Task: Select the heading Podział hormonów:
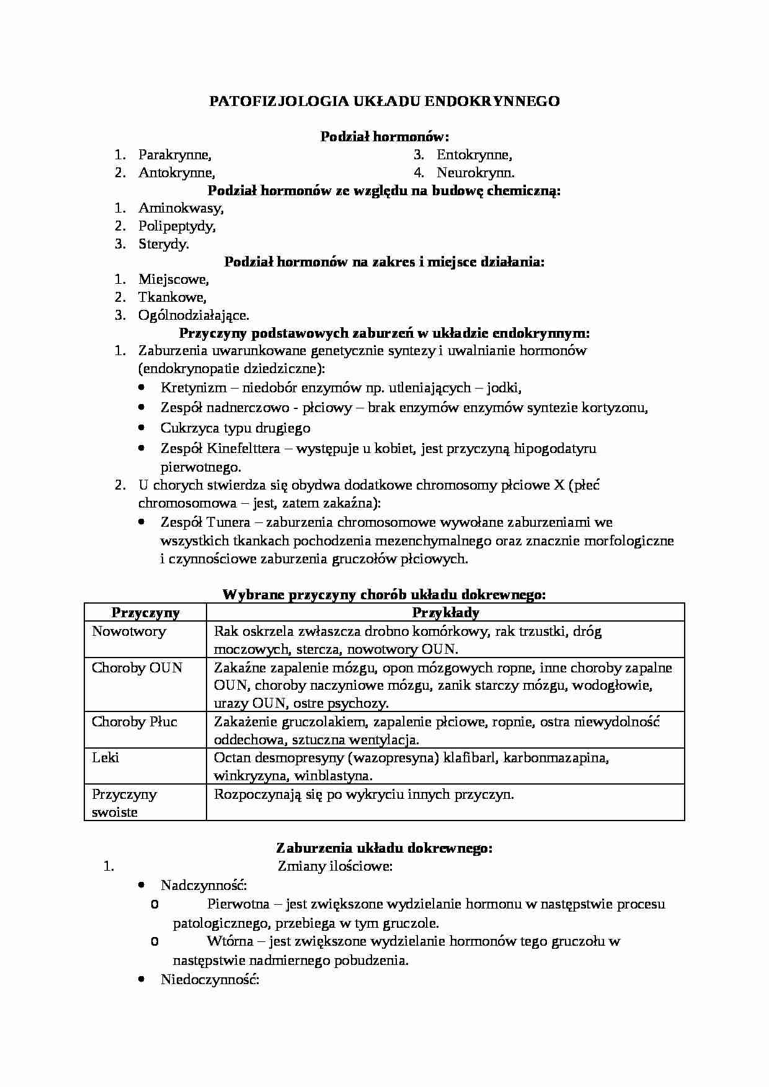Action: coord(384,136)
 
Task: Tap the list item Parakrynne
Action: coord(174,155)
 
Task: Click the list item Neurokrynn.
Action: coord(475,173)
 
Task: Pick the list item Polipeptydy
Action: coord(177,226)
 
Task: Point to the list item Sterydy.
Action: coord(164,244)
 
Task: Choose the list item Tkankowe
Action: coord(172,297)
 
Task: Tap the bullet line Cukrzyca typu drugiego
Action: coord(235,428)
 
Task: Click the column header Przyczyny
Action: coord(145,613)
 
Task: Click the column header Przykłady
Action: coord(445,613)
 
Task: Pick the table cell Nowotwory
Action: coord(129,632)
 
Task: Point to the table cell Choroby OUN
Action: coord(137,668)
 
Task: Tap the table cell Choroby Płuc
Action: coord(135,722)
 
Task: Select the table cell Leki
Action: coord(105,758)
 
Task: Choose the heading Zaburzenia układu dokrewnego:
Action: coord(384,848)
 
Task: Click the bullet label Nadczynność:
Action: coord(203,885)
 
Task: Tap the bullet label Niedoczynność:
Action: coord(209,980)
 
